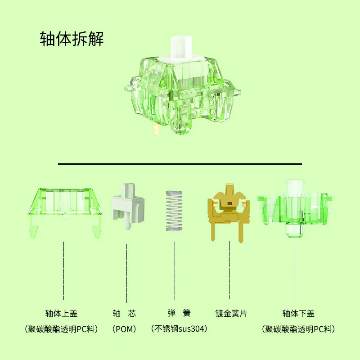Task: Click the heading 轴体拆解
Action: [x=72, y=39]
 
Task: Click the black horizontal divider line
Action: [x=180, y=164]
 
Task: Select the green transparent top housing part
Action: [x=65, y=212]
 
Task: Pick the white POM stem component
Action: [x=128, y=206]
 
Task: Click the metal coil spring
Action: [x=174, y=211]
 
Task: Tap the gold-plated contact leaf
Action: [x=229, y=212]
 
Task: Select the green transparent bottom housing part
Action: [x=295, y=208]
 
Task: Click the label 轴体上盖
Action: [x=61, y=313]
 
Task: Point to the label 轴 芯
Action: [x=124, y=313]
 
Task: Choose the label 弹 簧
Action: [x=179, y=313]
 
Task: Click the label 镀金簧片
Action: [x=231, y=313]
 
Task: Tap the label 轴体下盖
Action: [x=298, y=313]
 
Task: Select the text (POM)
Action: [x=124, y=329]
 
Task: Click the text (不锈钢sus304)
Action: [x=179, y=328]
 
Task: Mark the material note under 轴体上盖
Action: [x=61, y=329]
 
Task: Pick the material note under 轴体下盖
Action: [x=298, y=329]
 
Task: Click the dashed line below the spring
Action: [x=175, y=271]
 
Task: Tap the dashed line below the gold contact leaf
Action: [x=229, y=270]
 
